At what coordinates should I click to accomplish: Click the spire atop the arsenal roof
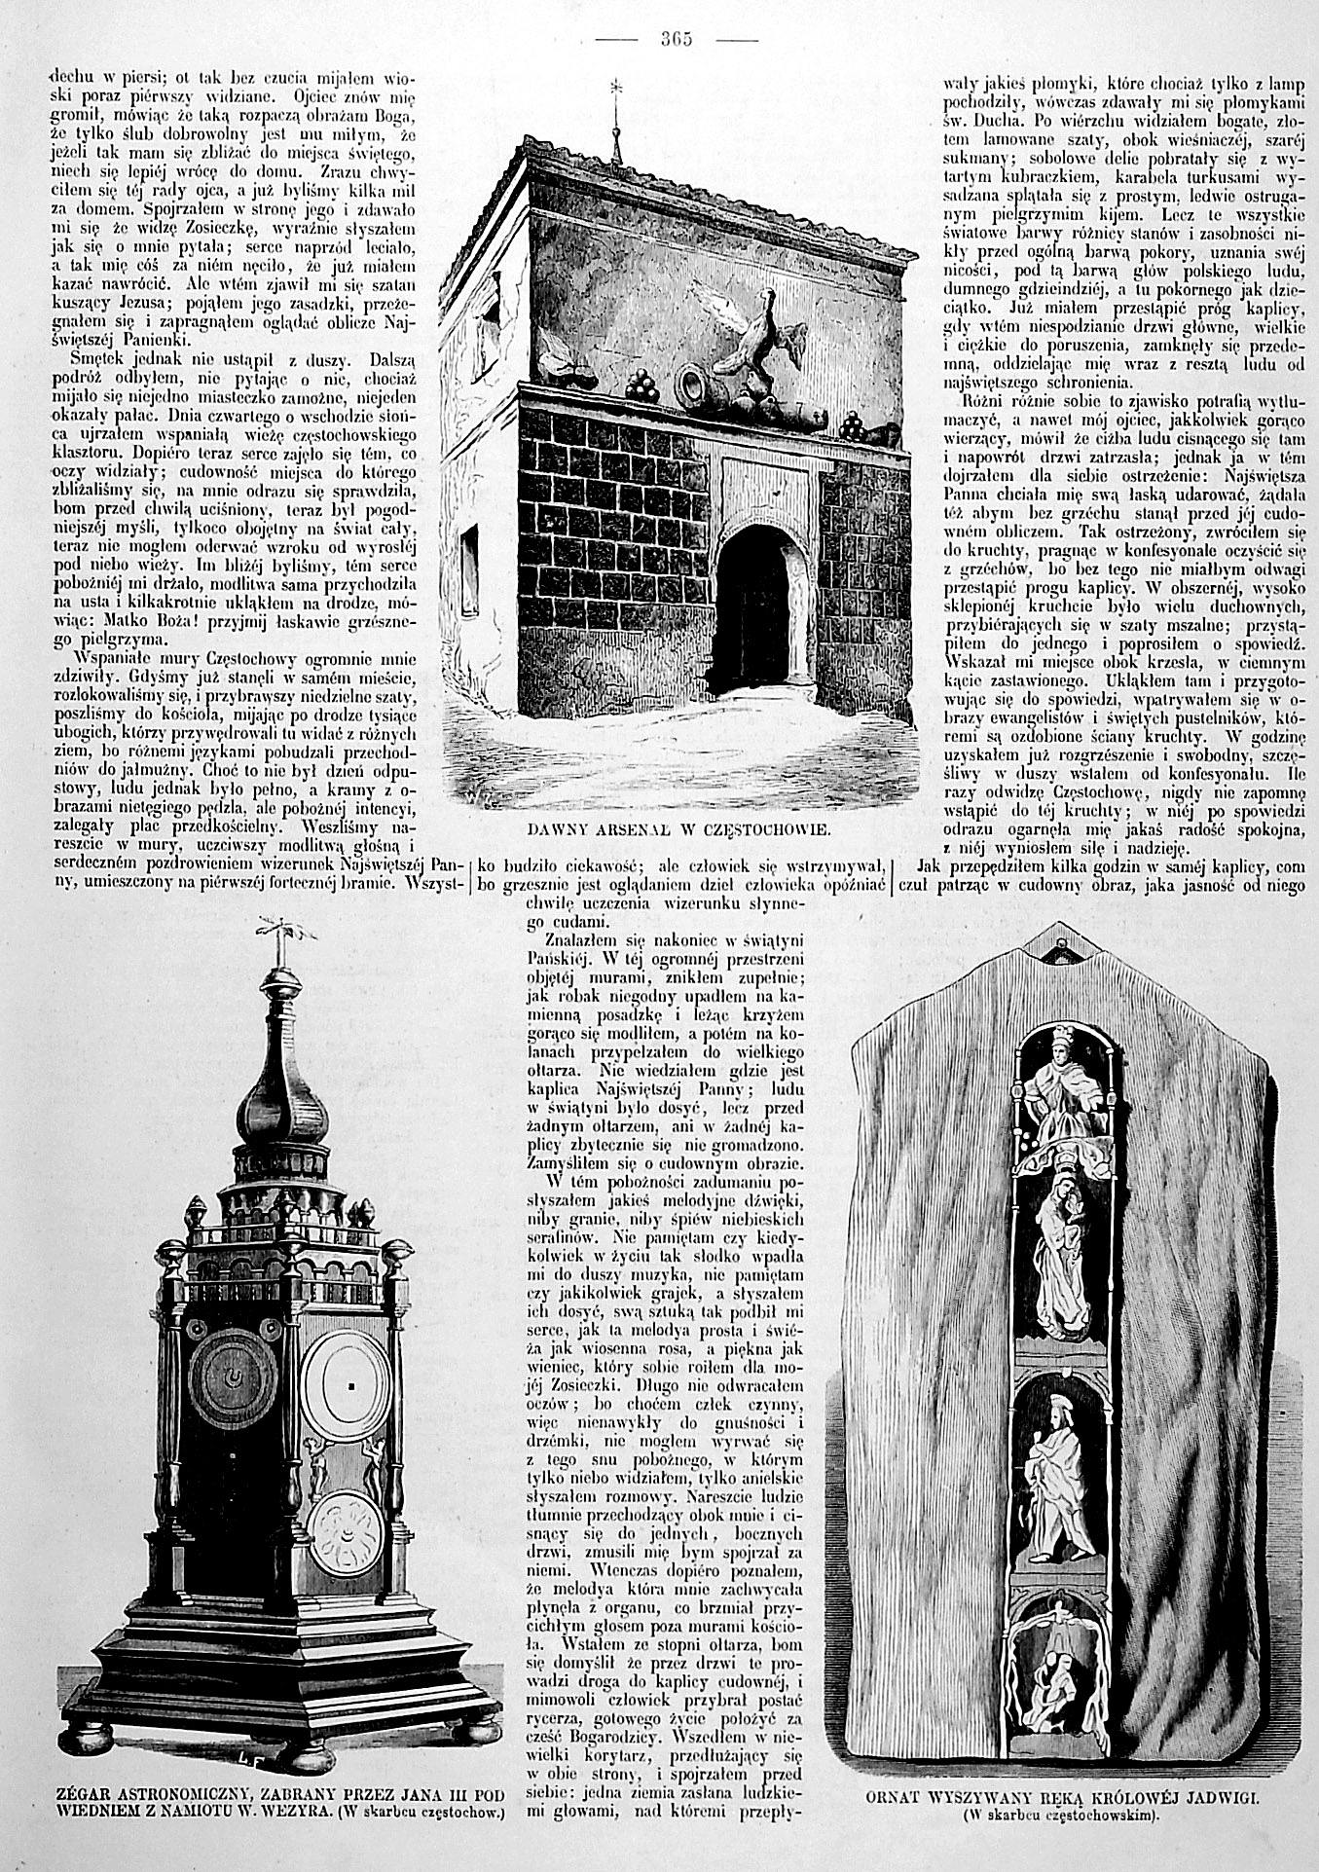[615, 117]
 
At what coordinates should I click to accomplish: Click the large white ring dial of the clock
[348, 1382]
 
